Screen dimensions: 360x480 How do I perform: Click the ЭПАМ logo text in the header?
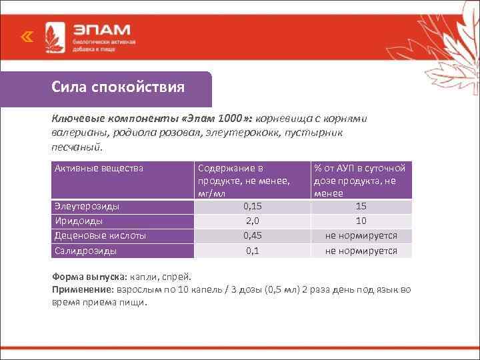102,31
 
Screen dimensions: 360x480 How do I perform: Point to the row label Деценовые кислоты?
100,235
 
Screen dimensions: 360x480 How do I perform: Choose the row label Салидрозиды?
85,251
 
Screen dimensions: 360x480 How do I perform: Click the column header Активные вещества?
99,168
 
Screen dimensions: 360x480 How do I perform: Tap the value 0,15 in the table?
252,207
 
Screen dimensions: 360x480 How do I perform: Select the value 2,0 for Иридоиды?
252,221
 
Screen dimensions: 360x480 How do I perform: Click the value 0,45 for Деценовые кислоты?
252,235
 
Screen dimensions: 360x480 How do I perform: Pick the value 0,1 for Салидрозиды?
252,251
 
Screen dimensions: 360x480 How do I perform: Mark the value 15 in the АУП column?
361,207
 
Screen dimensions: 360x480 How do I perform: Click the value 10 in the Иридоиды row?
361,221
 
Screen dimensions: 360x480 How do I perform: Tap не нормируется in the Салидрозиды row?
361,251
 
